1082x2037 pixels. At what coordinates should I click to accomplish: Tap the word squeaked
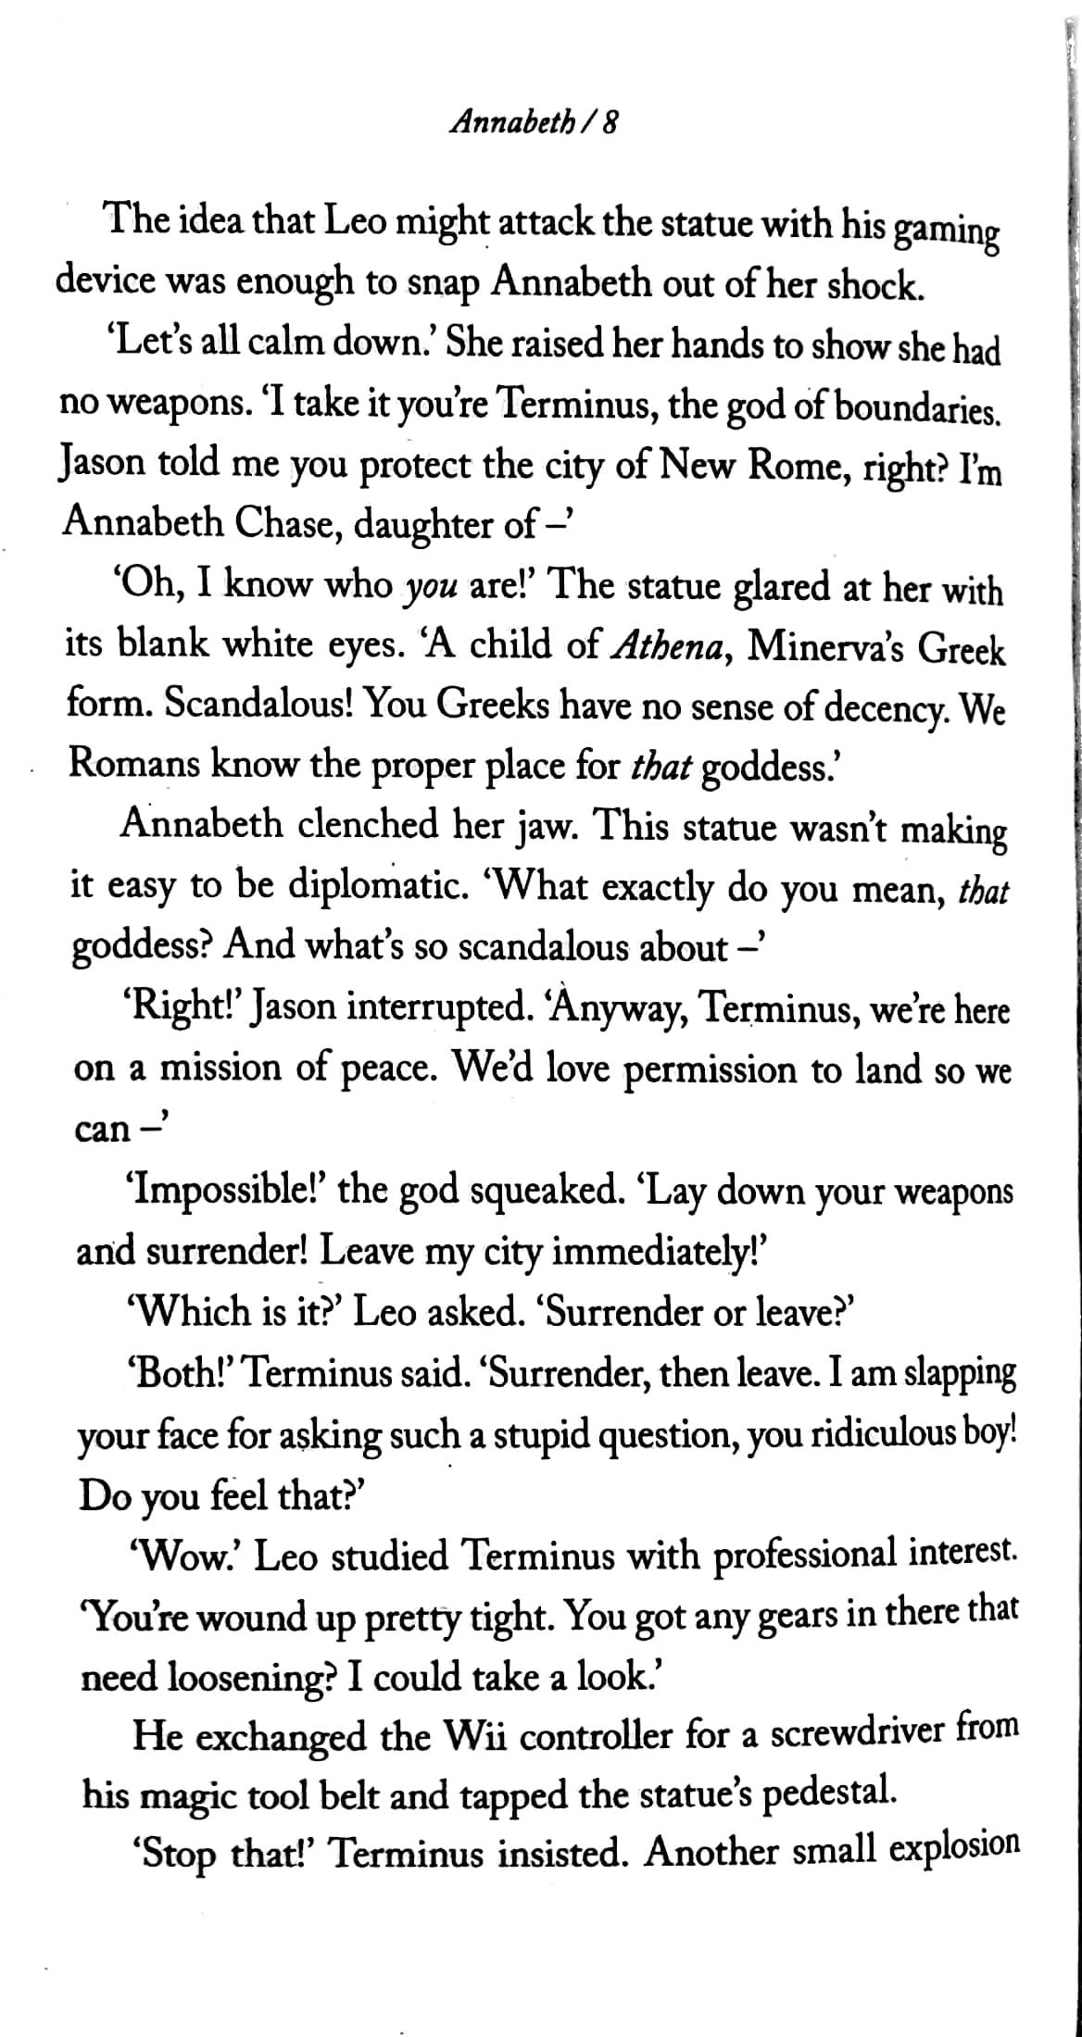[542, 1191]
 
